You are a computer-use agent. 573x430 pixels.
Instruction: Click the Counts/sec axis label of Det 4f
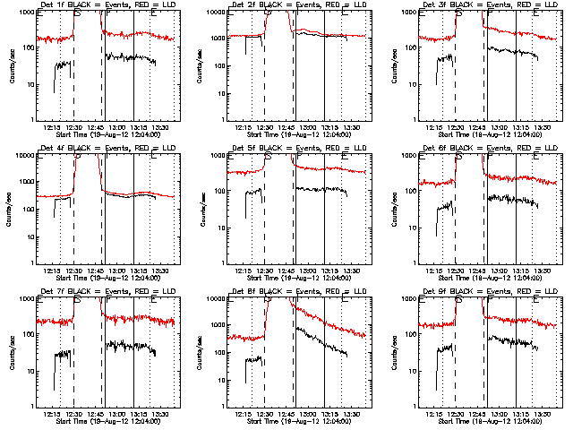[12, 209]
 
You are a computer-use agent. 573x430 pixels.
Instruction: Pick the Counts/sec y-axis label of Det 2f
[203, 65]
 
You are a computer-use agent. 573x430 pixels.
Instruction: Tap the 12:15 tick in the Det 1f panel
[52, 127]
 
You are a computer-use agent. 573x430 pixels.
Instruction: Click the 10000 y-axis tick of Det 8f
[213, 299]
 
